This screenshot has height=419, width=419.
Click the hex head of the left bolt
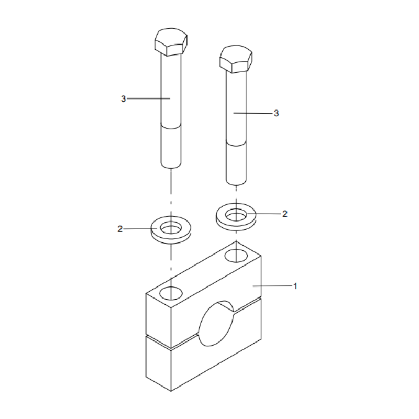170,41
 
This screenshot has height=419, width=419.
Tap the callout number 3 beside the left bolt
123,98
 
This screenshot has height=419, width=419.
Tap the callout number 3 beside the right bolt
277,113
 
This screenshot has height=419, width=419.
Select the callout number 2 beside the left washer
120,229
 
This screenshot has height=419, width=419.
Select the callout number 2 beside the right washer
284,214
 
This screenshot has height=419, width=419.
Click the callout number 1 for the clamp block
295,286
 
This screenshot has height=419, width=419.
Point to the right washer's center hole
236,214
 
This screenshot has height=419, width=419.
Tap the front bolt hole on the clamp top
170,292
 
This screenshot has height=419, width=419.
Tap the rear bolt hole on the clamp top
236,255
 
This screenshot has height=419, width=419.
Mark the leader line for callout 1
272,286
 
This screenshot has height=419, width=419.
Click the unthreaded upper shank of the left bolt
170,89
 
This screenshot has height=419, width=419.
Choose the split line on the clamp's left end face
159,341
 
